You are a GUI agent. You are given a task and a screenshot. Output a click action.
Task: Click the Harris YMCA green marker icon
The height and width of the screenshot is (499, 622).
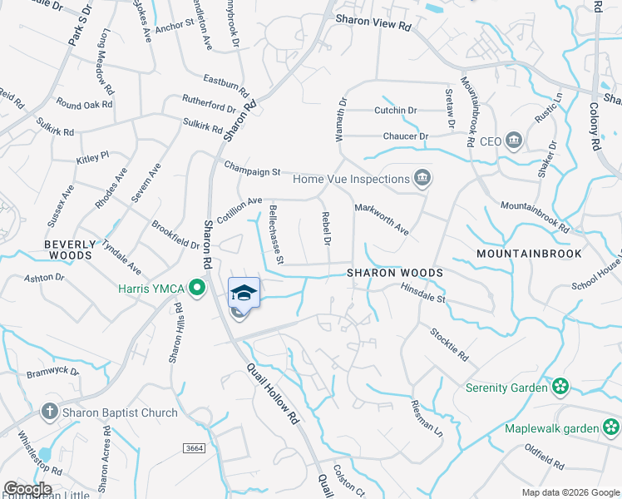(x=197, y=289)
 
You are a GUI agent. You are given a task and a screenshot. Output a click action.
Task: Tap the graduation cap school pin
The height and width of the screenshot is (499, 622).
(x=244, y=293)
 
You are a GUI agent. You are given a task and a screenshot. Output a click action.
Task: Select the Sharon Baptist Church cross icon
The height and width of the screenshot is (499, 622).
(x=49, y=413)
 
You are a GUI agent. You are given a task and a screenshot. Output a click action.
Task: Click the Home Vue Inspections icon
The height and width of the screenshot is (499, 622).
(x=422, y=178)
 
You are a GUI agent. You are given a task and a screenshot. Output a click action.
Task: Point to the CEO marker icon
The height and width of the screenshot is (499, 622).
(x=513, y=141)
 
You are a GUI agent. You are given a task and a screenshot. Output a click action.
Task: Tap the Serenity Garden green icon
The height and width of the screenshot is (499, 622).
(x=561, y=387)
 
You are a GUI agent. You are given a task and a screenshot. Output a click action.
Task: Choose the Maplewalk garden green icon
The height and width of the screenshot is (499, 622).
(x=610, y=428)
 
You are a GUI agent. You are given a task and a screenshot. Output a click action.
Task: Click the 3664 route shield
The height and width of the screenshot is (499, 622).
(x=195, y=448)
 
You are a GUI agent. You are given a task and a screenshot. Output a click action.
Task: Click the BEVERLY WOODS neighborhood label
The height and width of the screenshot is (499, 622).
(x=68, y=249)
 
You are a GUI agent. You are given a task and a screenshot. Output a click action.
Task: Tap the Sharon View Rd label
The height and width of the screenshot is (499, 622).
(x=374, y=27)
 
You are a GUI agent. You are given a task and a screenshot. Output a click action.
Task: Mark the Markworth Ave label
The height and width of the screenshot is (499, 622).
(x=382, y=218)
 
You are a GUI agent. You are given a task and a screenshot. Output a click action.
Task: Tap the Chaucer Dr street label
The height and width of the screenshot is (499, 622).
(x=406, y=136)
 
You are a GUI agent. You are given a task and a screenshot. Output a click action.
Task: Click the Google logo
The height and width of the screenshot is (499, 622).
(x=27, y=488)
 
